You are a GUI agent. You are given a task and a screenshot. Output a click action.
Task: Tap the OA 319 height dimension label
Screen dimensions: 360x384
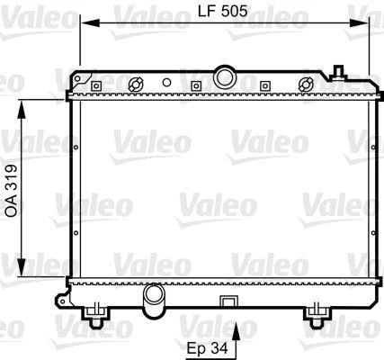coord(10,187)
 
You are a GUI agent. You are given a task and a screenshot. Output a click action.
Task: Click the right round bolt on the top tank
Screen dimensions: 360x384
coord(305,85)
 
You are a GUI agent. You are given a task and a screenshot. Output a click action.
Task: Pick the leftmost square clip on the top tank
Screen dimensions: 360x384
coord(95,86)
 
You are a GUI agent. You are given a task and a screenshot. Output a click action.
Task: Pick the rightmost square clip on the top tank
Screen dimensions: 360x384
coord(264,86)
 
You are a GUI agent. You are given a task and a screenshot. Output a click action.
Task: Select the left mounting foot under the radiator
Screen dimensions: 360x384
coord(95,314)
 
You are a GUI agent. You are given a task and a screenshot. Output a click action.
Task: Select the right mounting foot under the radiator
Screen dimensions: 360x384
coord(316,314)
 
